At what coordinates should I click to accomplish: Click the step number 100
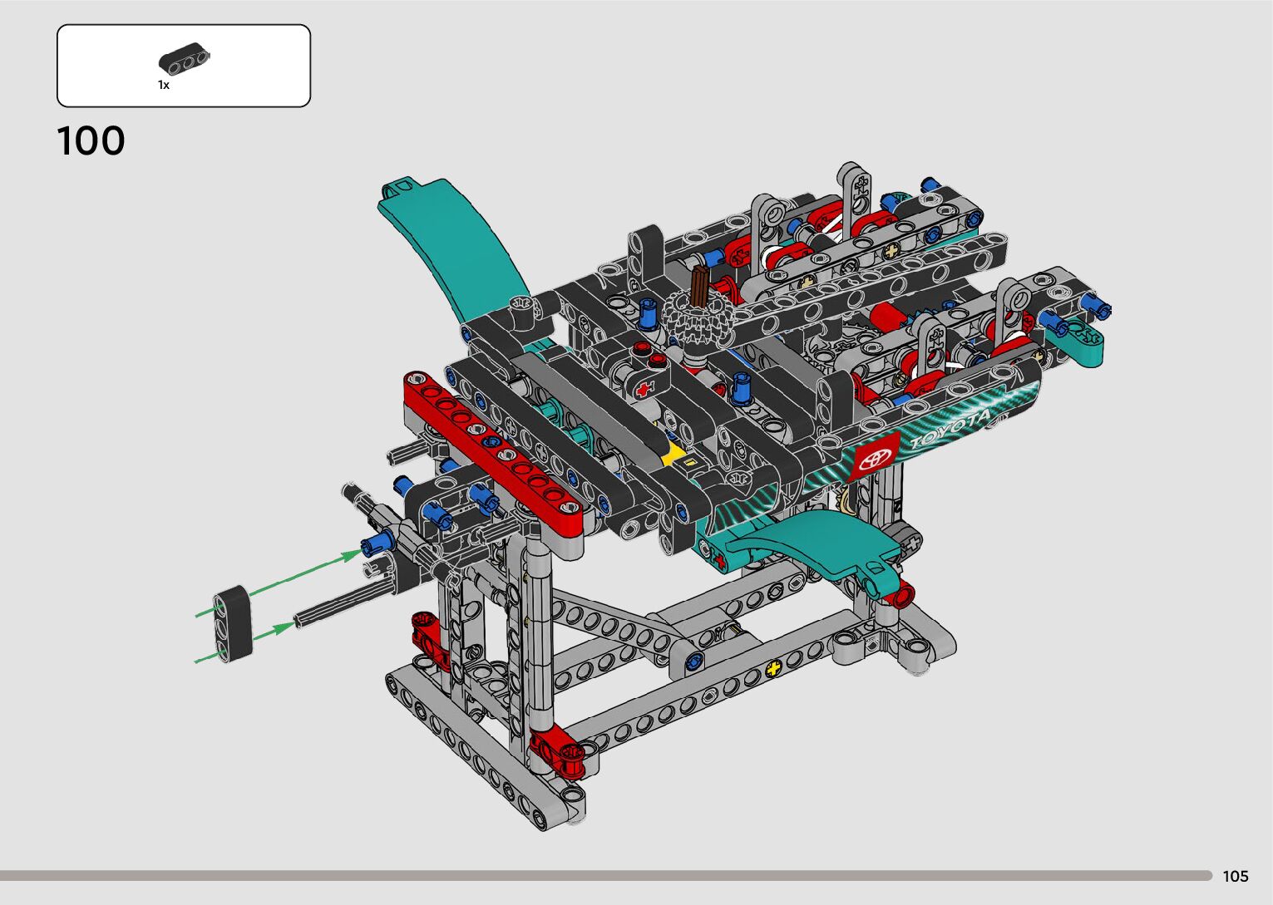point(91,141)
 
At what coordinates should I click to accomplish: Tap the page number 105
point(1236,876)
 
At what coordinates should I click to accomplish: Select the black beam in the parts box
point(184,58)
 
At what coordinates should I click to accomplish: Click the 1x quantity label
point(164,86)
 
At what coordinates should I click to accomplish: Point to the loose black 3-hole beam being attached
point(233,623)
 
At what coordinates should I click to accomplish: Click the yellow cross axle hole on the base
point(773,669)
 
